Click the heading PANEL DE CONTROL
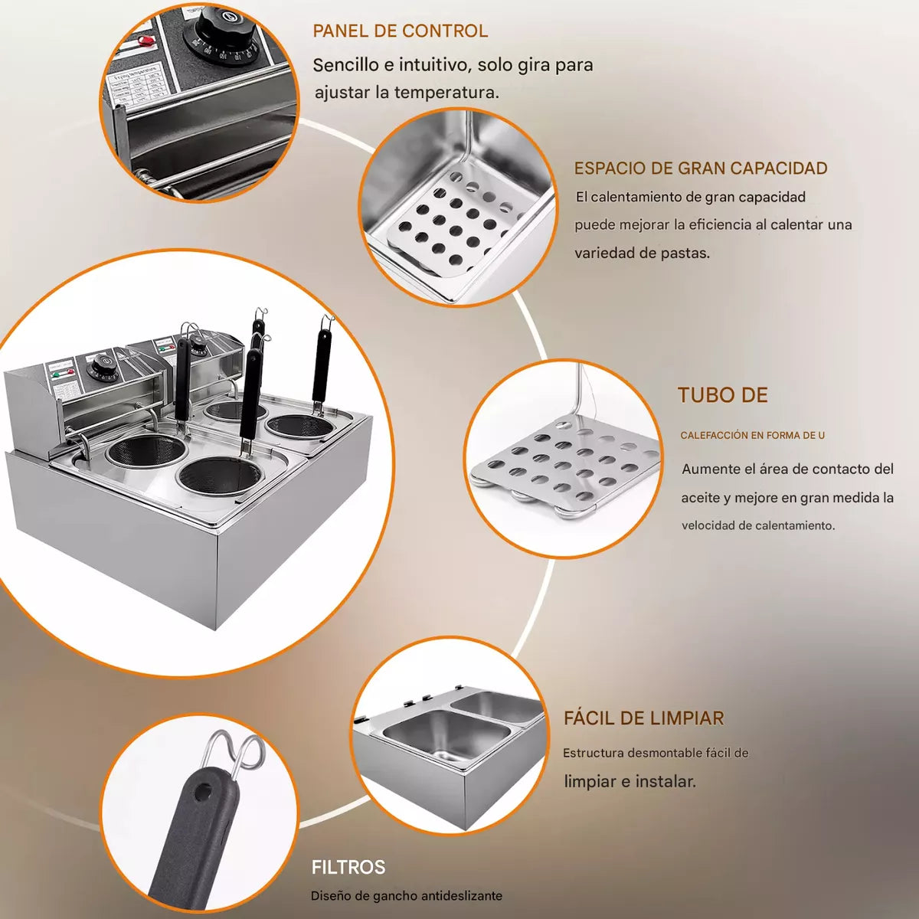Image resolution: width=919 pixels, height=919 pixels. click(x=400, y=31)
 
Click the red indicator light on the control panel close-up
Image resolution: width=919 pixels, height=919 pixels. click(x=144, y=40)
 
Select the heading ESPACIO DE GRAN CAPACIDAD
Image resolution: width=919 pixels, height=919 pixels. click(x=700, y=168)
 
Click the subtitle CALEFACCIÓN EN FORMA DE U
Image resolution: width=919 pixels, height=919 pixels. click(x=752, y=435)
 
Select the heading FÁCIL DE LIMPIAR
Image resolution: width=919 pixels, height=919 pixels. click(x=643, y=718)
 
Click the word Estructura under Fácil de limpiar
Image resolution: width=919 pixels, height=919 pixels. click(x=593, y=753)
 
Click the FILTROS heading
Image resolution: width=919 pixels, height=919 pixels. click(x=348, y=868)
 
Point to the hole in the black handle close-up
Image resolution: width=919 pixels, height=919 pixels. click(x=202, y=793)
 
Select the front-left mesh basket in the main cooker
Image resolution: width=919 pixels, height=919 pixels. click(x=146, y=451)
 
